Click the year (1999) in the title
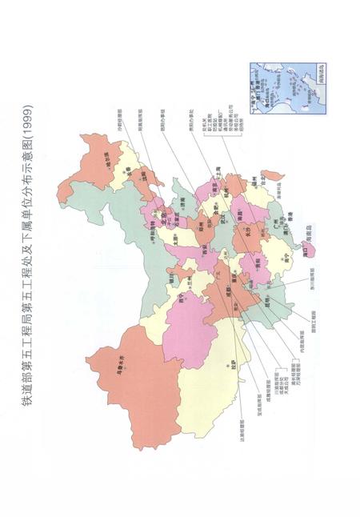[x=30, y=115]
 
